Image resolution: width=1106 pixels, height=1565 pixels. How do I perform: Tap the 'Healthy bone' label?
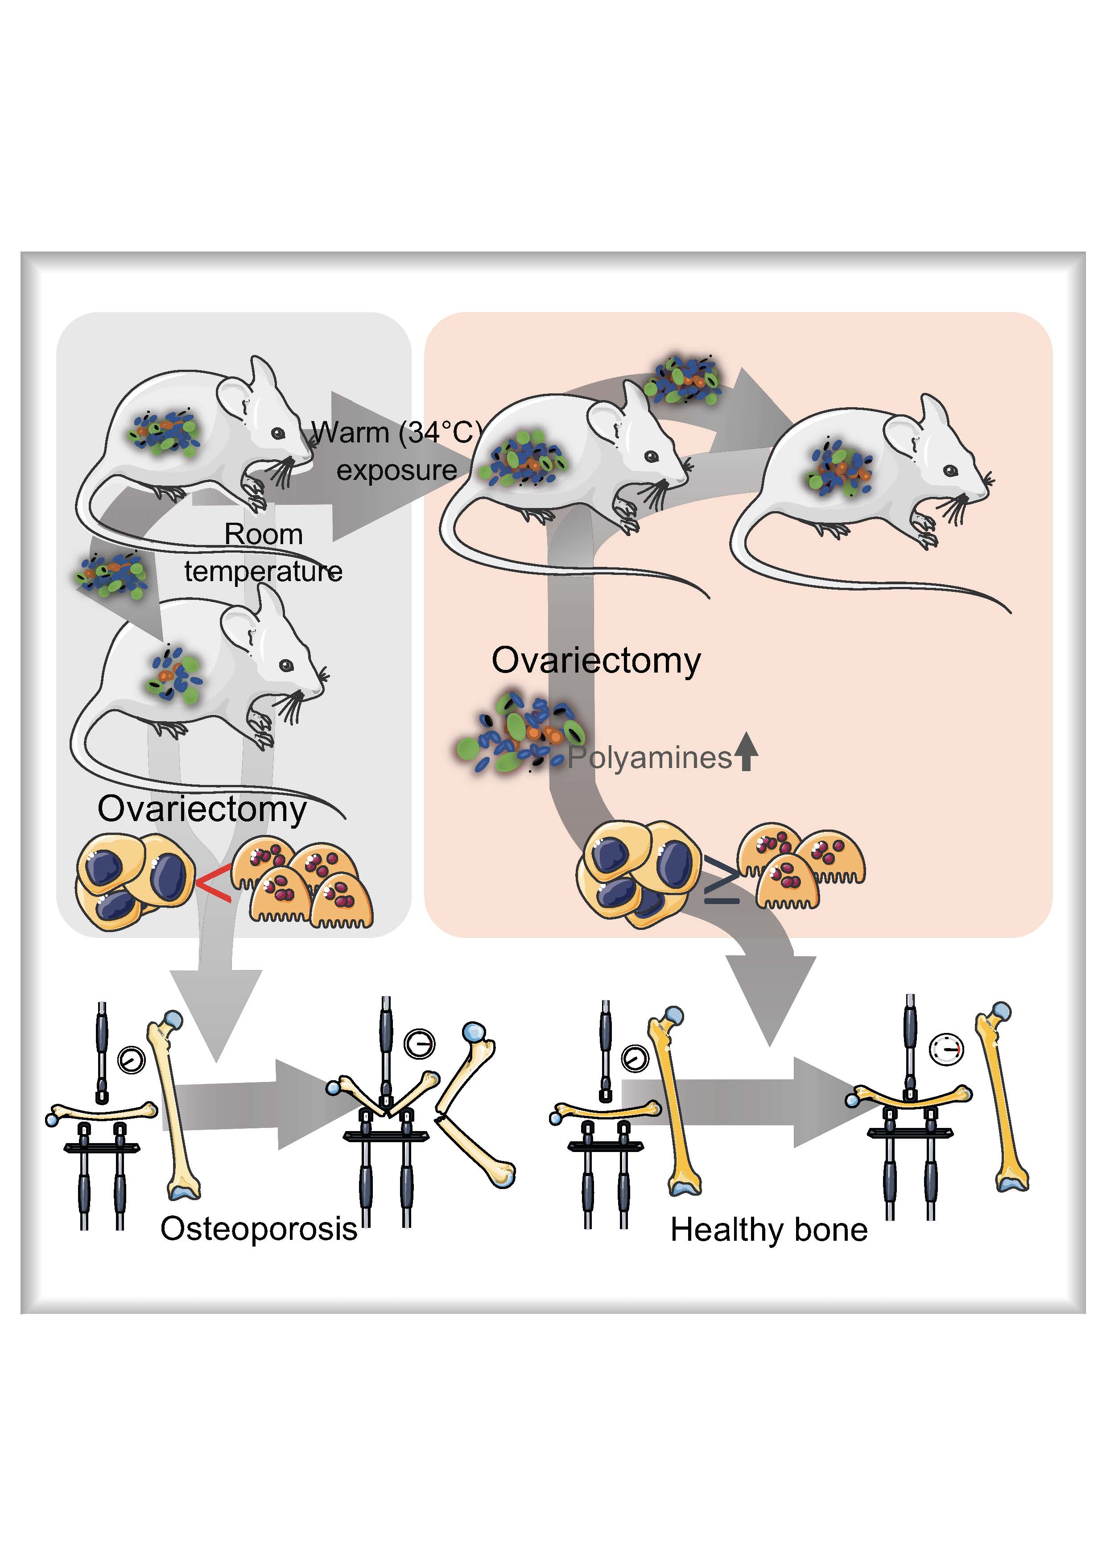769,1230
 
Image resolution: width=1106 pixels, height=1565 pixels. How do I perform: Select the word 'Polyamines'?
649,758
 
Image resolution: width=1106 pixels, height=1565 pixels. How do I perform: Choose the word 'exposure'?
396,471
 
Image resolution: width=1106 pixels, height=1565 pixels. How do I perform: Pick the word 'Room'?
263,534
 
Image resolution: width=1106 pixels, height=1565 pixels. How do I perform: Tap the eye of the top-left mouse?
278,433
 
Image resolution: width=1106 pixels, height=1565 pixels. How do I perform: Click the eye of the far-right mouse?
951,471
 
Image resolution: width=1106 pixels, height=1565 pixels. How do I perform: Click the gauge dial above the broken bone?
419,1044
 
